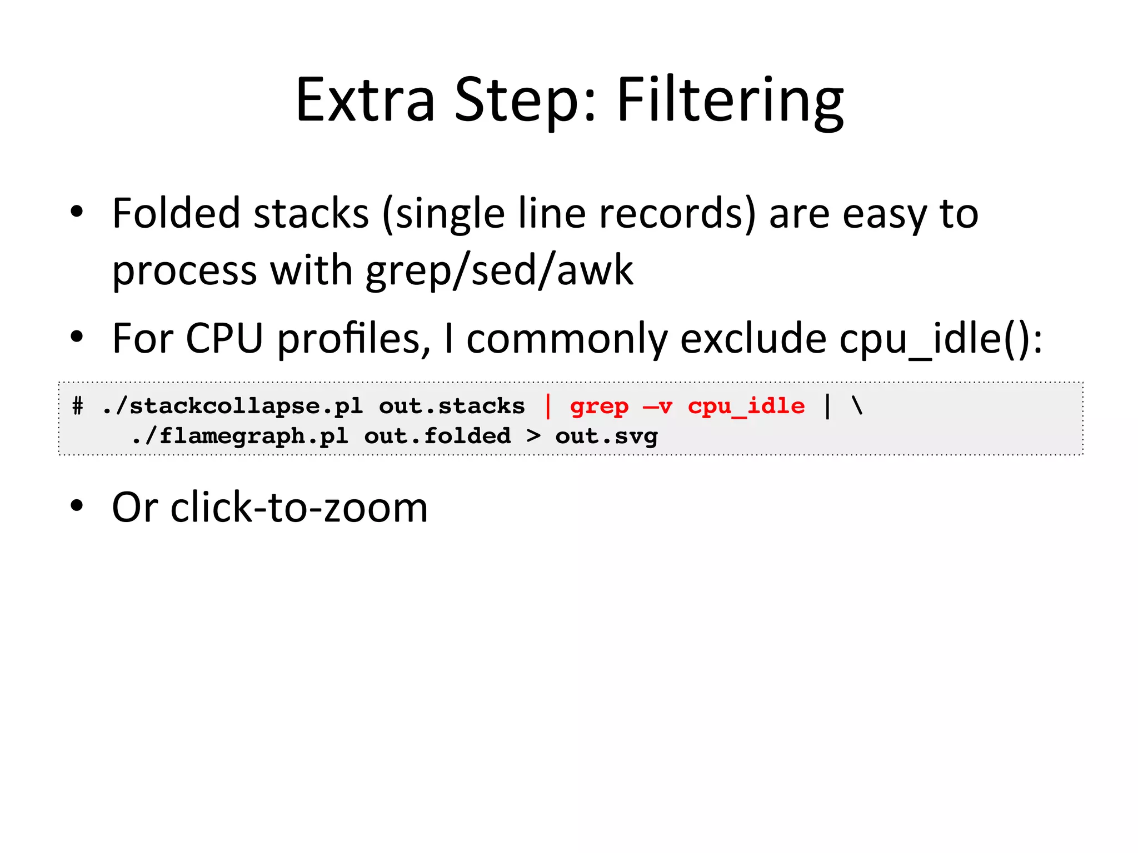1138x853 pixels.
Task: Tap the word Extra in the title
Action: [365, 101]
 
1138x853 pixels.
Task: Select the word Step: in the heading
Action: [525, 101]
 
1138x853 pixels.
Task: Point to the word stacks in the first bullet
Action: [311, 214]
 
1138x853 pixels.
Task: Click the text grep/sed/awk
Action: [499, 271]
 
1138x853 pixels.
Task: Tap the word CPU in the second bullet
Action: [224, 339]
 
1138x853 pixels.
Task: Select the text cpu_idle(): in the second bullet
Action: [940, 339]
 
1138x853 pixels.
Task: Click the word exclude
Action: [753, 339]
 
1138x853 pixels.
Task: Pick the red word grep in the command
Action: [599, 407]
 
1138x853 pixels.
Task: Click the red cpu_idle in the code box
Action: [746, 407]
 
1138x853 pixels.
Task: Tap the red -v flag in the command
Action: [657, 407]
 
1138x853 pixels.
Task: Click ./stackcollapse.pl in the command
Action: [232, 407]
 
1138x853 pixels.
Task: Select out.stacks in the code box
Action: [451, 407]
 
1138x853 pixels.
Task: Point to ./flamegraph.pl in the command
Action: [240, 436]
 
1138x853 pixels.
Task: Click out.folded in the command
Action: [437, 436]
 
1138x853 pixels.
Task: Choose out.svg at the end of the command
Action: [606, 436]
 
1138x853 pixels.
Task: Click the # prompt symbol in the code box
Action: [78, 407]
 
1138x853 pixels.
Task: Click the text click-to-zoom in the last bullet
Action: [299, 508]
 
